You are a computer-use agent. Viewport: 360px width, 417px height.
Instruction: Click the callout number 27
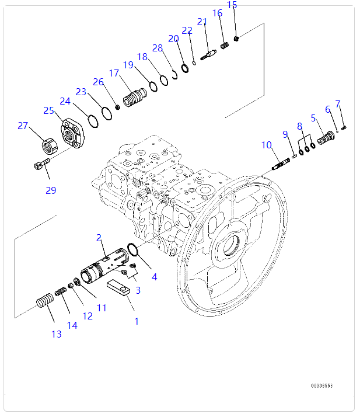tap(23, 125)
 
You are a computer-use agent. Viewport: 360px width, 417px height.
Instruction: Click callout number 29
tap(51, 190)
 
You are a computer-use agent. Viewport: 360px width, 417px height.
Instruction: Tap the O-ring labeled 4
tap(132, 252)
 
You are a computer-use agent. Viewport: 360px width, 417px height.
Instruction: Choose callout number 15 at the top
tap(232, 6)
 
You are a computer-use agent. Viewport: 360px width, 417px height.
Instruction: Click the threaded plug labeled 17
tap(135, 94)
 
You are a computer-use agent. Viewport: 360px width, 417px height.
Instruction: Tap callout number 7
tap(338, 104)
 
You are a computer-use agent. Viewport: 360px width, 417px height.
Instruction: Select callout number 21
tap(202, 22)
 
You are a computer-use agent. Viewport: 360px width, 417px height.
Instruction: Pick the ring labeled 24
tap(92, 120)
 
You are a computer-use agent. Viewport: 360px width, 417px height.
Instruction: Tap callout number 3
tap(138, 290)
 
